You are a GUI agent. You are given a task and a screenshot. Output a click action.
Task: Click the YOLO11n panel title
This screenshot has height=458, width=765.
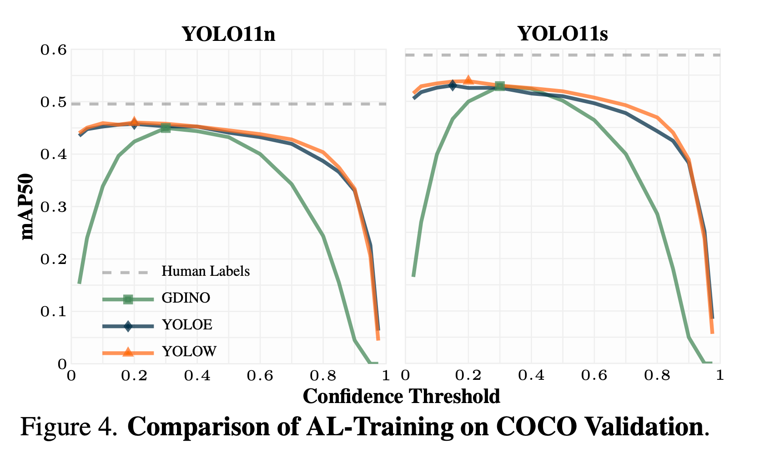(x=228, y=34)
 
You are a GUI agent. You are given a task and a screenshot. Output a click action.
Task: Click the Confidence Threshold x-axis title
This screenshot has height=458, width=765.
(x=401, y=396)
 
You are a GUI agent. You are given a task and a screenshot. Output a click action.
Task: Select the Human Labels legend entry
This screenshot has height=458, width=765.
(x=206, y=272)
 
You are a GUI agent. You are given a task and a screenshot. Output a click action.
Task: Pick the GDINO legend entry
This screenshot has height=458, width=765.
(x=186, y=298)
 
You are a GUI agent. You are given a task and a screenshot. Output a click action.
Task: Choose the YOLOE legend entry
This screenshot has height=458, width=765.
(x=186, y=325)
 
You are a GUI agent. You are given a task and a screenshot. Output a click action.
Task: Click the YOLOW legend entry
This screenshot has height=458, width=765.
(x=189, y=351)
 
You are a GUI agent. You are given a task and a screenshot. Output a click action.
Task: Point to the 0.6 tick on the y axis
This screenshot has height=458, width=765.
(x=54, y=50)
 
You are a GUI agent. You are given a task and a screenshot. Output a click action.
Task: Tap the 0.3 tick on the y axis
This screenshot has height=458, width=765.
(x=54, y=207)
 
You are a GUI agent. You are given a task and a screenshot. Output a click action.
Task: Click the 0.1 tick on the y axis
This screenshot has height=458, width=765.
(x=54, y=312)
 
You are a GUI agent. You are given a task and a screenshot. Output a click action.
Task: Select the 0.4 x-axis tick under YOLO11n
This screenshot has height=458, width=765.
(x=197, y=376)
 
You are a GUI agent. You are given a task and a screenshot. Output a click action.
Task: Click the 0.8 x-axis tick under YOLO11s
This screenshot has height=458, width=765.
(x=657, y=376)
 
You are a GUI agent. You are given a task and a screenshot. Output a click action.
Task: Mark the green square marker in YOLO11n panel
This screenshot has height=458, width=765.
(x=166, y=128)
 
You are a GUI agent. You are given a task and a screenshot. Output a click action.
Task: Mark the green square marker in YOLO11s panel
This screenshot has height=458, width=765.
(x=499, y=86)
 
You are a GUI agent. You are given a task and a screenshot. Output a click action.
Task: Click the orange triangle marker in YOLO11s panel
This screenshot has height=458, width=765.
(x=468, y=80)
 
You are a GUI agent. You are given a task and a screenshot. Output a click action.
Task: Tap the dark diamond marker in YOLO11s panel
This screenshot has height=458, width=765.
(x=452, y=85)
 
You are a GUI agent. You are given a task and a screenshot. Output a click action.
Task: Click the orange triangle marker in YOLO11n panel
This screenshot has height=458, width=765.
(x=134, y=121)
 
